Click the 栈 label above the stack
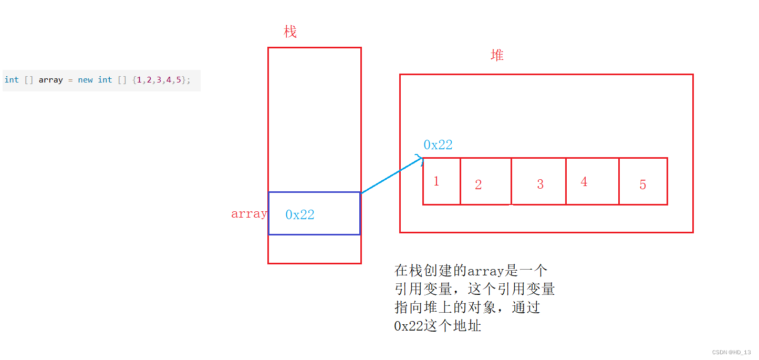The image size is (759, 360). coord(290,32)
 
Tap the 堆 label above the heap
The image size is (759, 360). coord(497,55)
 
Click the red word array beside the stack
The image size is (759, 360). coord(249,214)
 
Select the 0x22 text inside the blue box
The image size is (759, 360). coord(300,214)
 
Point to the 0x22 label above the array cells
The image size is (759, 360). coord(438,145)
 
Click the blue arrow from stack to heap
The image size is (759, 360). coord(391,176)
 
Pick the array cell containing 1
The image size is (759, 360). coord(441,181)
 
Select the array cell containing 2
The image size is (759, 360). coord(485,181)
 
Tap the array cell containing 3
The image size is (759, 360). coord(538,181)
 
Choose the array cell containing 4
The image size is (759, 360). coord(592,181)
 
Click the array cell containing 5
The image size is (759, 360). coord(643,181)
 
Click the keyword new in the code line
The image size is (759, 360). coord(85,80)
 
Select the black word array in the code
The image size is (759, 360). coord(51,80)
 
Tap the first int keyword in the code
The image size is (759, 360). coord(11,80)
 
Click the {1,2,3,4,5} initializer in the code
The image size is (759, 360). coord(158,80)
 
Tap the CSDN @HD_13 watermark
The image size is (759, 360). coord(731,352)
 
